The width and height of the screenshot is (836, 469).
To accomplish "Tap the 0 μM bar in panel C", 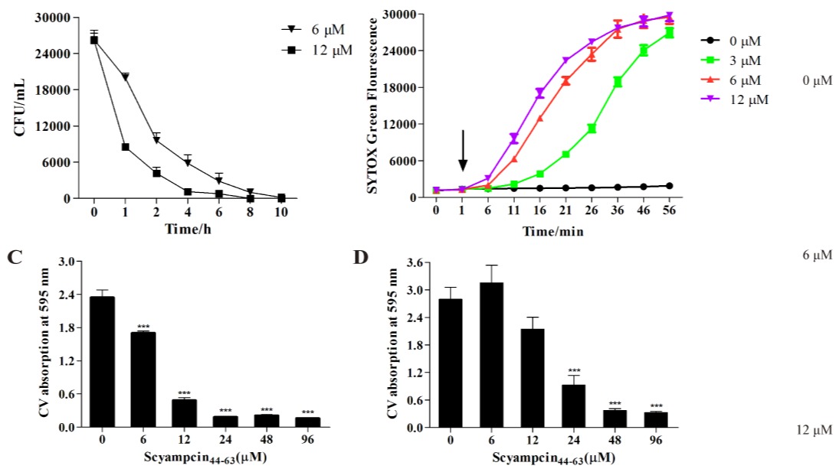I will pos(102,361).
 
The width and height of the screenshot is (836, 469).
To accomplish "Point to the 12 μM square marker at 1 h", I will pos(125,147).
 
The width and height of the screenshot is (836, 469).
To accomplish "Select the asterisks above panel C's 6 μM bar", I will pos(143,325).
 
